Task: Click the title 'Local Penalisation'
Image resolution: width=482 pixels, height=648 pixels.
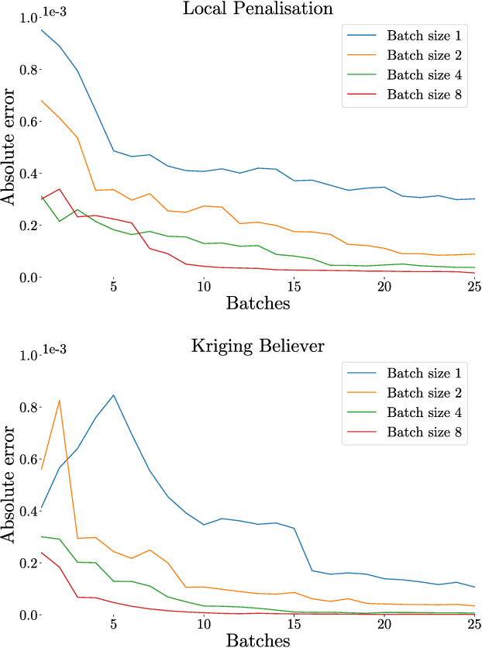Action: (x=258, y=9)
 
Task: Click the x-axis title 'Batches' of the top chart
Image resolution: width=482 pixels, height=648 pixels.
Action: (x=258, y=303)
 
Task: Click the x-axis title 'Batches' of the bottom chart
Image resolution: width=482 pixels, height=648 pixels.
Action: (x=258, y=639)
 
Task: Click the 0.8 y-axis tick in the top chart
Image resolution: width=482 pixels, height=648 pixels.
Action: (x=30, y=70)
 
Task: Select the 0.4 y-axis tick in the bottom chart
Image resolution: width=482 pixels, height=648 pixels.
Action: (x=30, y=512)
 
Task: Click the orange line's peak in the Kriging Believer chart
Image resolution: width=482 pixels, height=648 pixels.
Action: (x=60, y=400)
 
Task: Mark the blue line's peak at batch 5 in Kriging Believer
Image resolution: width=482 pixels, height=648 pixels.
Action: (x=114, y=395)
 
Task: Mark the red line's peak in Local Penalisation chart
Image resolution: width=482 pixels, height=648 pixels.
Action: (x=60, y=188)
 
